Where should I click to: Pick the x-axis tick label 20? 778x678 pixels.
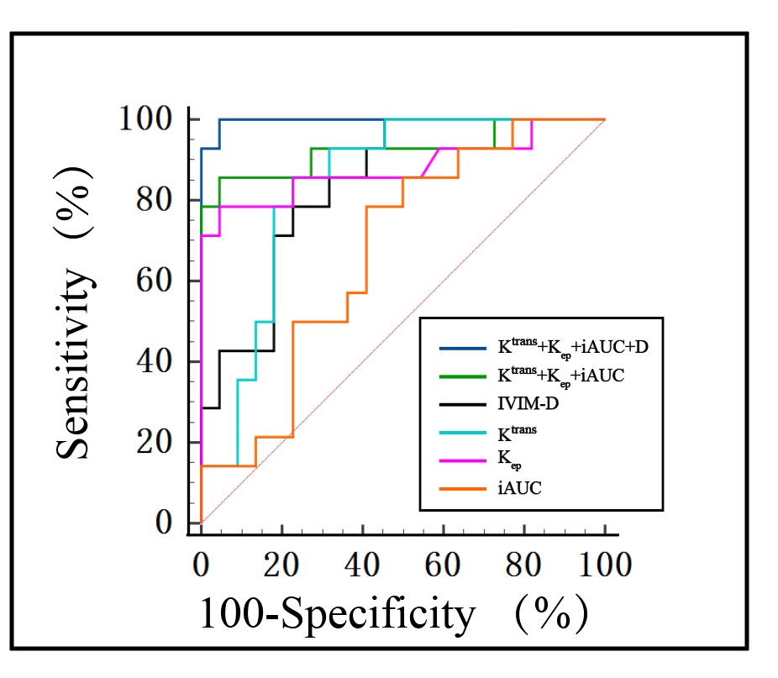(x=281, y=564)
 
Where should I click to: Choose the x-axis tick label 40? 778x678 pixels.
(x=362, y=564)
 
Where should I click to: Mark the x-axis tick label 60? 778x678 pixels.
(x=443, y=564)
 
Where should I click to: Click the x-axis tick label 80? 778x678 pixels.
(x=523, y=564)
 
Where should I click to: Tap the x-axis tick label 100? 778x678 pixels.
(x=604, y=564)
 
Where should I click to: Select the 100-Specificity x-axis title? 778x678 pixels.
(x=337, y=615)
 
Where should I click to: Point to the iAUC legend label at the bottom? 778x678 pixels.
(x=514, y=486)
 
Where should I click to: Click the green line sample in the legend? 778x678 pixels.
(x=462, y=376)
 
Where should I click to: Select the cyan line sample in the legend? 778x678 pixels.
(x=462, y=432)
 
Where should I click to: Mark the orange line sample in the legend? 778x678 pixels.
(x=462, y=486)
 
